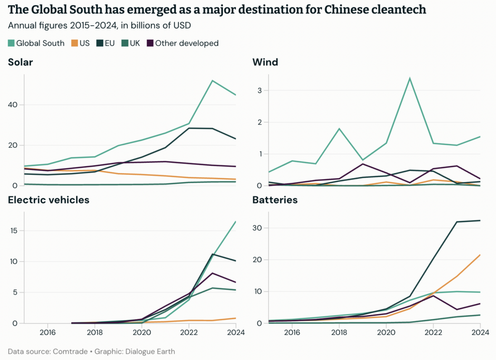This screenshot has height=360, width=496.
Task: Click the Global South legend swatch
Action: pyautogui.click(x=11, y=43)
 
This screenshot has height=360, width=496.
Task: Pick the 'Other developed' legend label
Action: pyautogui.click(x=186, y=43)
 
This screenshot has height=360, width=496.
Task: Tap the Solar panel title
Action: pyautogui.click(x=20, y=62)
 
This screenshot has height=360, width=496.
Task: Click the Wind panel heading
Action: pyautogui.click(x=265, y=62)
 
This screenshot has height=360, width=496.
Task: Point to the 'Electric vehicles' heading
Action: pyautogui.click(x=48, y=200)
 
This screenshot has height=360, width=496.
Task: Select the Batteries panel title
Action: pyautogui.click(x=275, y=200)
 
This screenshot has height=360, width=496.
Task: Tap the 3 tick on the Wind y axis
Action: pyautogui.click(x=260, y=91)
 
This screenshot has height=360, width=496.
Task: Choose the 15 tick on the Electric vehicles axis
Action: pyautogui.click(x=14, y=231)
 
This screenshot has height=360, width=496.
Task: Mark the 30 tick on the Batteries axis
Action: pyautogui.click(x=258, y=228)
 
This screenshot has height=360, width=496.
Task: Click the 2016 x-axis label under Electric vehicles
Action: pyautogui.click(x=47, y=333)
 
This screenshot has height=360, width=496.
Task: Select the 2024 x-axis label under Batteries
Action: pyautogui.click(x=480, y=333)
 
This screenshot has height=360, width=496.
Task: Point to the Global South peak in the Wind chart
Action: pyautogui.click(x=410, y=78)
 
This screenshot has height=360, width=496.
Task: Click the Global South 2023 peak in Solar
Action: pyautogui.click(x=212, y=80)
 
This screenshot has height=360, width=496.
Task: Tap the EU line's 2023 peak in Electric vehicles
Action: pyautogui.click(x=212, y=254)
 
